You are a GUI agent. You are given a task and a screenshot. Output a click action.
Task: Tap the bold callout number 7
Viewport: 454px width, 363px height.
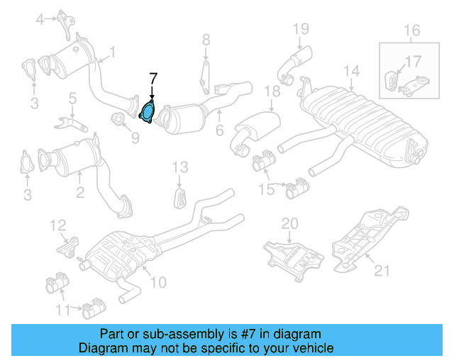point(153,78)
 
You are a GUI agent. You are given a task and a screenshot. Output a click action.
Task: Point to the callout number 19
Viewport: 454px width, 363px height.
point(301,29)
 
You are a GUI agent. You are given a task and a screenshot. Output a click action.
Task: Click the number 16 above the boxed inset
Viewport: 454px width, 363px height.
point(412,30)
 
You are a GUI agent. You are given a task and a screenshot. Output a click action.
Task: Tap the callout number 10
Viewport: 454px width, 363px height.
point(157,282)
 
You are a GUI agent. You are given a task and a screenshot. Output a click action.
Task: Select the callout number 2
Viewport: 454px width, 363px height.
point(79,191)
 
